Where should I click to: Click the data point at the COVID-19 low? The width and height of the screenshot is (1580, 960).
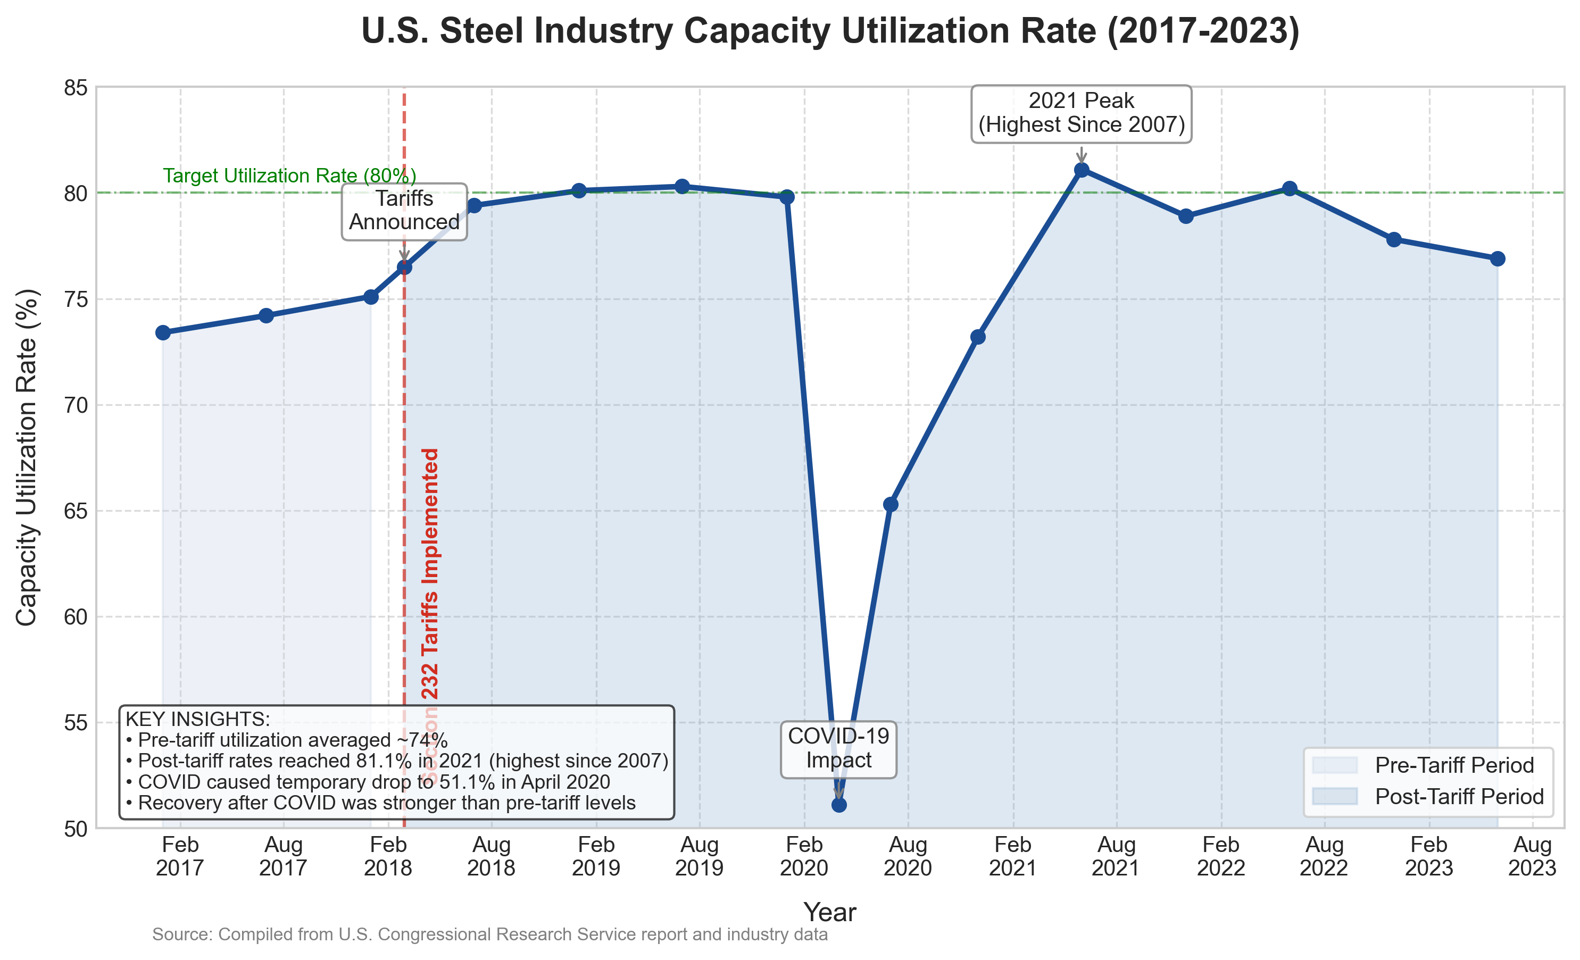(839, 804)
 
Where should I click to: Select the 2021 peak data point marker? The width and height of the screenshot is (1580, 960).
(1081, 170)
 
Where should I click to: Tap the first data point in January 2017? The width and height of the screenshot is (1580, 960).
(163, 332)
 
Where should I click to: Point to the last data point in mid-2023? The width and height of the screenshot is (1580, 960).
(1498, 258)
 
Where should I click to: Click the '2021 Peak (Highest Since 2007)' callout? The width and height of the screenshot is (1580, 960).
(1081, 113)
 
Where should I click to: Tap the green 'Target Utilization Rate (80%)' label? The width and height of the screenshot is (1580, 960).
(289, 176)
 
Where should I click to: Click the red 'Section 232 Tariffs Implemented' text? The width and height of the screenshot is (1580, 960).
(430, 616)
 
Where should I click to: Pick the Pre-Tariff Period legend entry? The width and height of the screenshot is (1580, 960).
(1454, 765)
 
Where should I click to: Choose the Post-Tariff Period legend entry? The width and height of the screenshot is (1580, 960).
(1459, 797)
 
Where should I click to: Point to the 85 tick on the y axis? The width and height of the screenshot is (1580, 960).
(76, 88)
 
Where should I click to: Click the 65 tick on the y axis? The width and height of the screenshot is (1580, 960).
(76, 512)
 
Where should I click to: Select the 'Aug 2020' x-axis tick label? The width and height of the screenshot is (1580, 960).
(908, 857)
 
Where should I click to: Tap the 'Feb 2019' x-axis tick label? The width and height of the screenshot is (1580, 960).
(596, 857)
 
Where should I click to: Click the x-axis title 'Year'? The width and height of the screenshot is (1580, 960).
(830, 912)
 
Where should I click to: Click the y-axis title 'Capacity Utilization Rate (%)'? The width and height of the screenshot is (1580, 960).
(27, 457)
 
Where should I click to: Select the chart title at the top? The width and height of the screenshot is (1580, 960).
(830, 31)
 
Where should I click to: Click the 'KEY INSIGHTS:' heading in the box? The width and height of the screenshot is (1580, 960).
(197, 719)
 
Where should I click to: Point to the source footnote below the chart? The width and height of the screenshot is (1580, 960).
(489, 934)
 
